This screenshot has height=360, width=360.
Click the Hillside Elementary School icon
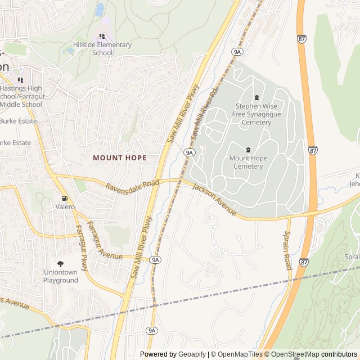tap(102, 36)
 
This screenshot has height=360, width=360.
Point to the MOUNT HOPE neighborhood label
tap(119, 158)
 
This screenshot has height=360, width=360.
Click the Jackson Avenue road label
tap(213, 200)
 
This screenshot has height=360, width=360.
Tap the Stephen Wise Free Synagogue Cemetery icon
tap(256, 98)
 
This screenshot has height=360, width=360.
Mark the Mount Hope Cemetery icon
tap(248, 150)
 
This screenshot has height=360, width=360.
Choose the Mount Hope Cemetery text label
tap(248, 162)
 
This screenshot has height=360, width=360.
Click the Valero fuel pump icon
tap(65, 198)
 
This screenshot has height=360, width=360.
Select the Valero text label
tap(65, 207)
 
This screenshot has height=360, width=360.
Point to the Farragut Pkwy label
tap(82, 247)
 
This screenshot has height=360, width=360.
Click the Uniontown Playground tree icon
tap(61, 263)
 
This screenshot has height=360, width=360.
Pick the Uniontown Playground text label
tap(61, 276)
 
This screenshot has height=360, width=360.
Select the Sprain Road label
tap(287, 250)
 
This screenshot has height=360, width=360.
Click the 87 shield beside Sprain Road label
tap(304, 262)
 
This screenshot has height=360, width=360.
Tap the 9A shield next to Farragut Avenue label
tap(156, 259)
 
